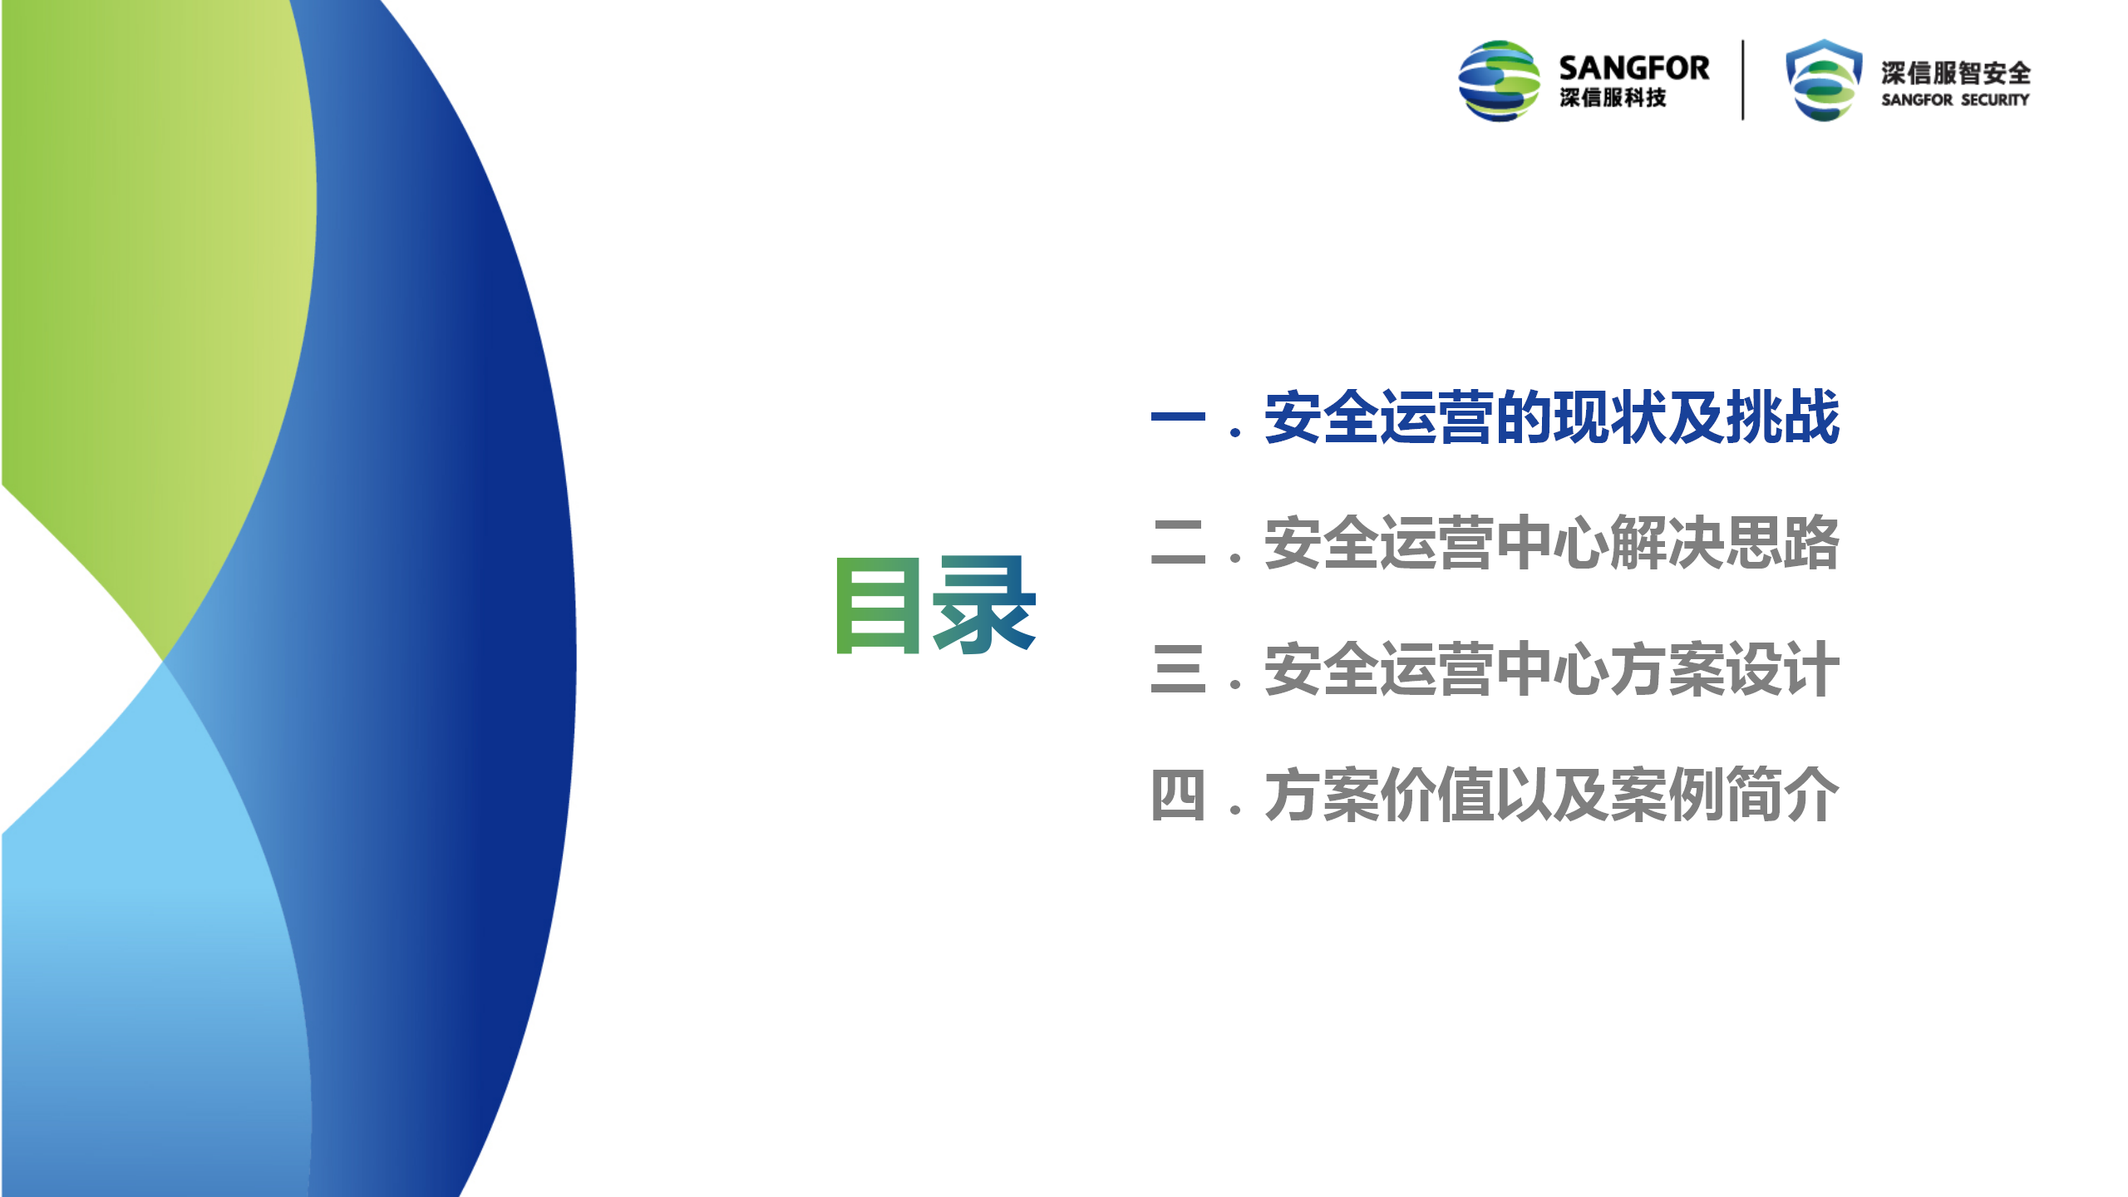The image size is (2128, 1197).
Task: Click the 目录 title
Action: pyautogui.click(x=936, y=605)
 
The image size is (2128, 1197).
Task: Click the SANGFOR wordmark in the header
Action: pyautogui.click(x=1633, y=68)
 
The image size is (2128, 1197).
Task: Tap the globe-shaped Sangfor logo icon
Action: pyautogui.click(x=1499, y=81)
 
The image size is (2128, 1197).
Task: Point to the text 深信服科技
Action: pyautogui.click(x=1613, y=98)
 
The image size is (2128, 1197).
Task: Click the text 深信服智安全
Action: pyautogui.click(x=1956, y=73)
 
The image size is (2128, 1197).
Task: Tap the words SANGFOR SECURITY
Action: pyautogui.click(x=1955, y=100)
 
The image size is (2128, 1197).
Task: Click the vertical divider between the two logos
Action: pyautogui.click(x=1743, y=80)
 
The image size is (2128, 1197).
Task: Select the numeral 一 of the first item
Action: pyautogui.click(x=1178, y=416)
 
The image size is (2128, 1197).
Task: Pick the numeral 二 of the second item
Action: pyautogui.click(x=1178, y=542)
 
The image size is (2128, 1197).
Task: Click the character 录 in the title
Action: pyautogui.click(x=985, y=605)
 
